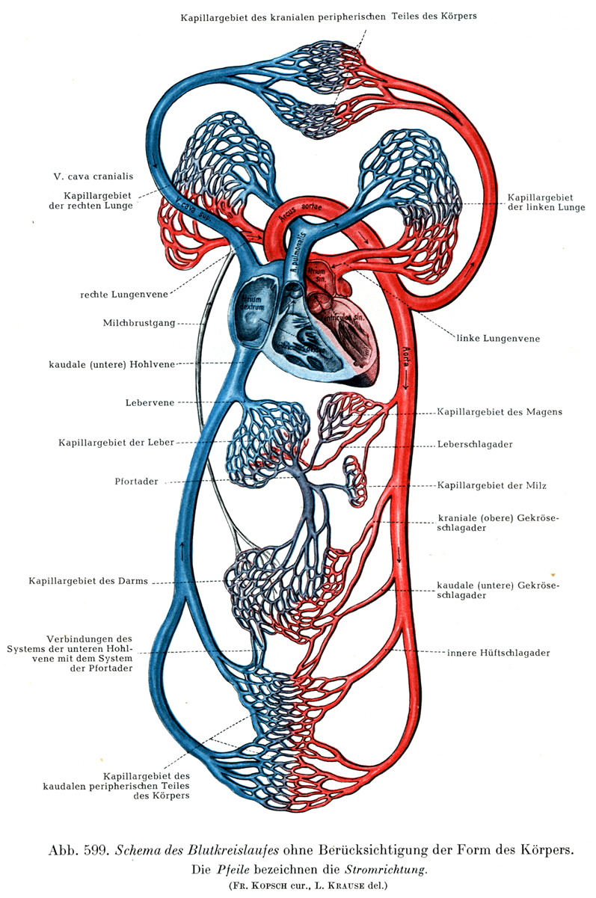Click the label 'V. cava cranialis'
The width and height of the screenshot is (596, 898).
93,177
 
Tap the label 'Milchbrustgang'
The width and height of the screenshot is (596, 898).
140,324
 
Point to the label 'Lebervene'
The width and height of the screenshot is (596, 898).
150,402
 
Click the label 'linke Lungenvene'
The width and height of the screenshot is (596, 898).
498,339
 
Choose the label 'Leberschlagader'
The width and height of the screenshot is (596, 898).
474,444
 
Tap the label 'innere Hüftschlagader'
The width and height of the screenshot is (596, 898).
498,653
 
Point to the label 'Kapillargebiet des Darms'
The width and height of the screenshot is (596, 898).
87,580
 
